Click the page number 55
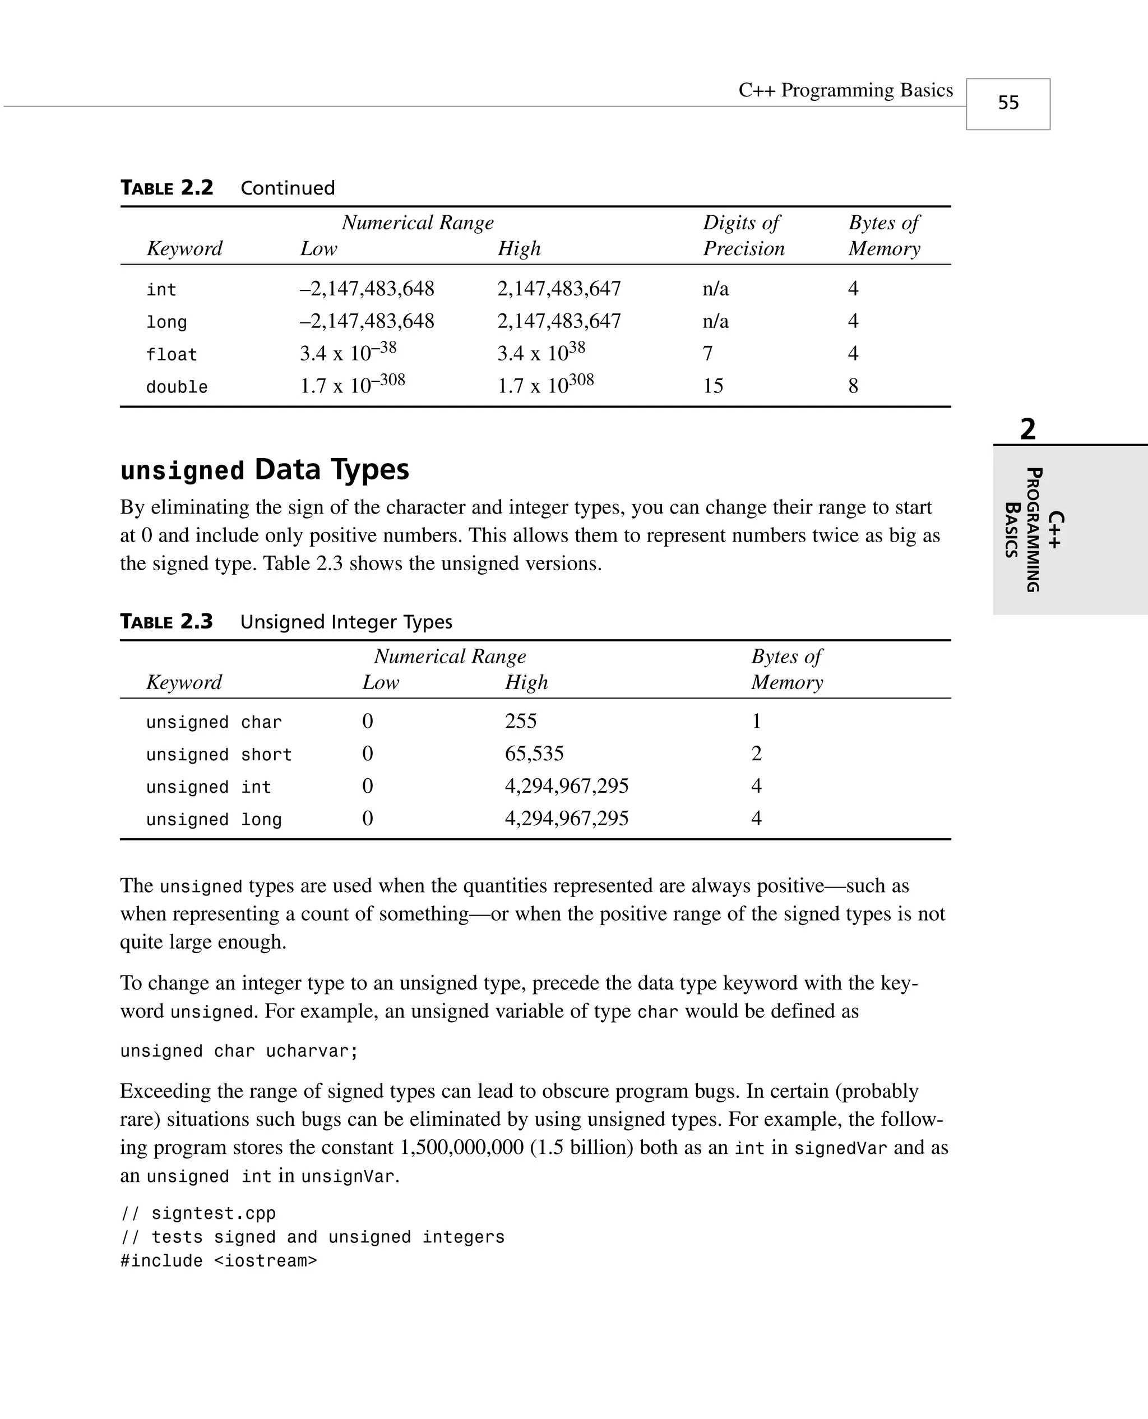1008,103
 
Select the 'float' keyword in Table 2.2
172,355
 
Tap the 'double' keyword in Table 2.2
177,387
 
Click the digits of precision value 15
713,386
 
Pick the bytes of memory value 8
853,386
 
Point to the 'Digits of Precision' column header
743,235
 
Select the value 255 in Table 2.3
520,722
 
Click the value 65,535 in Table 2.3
534,754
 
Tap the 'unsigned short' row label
219,755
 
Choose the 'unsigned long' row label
214,820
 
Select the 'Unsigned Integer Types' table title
346,622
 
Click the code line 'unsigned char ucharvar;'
239,1051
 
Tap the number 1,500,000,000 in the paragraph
461,1147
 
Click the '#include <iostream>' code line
218,1261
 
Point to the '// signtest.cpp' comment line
198,1213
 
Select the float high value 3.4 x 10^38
541,353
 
